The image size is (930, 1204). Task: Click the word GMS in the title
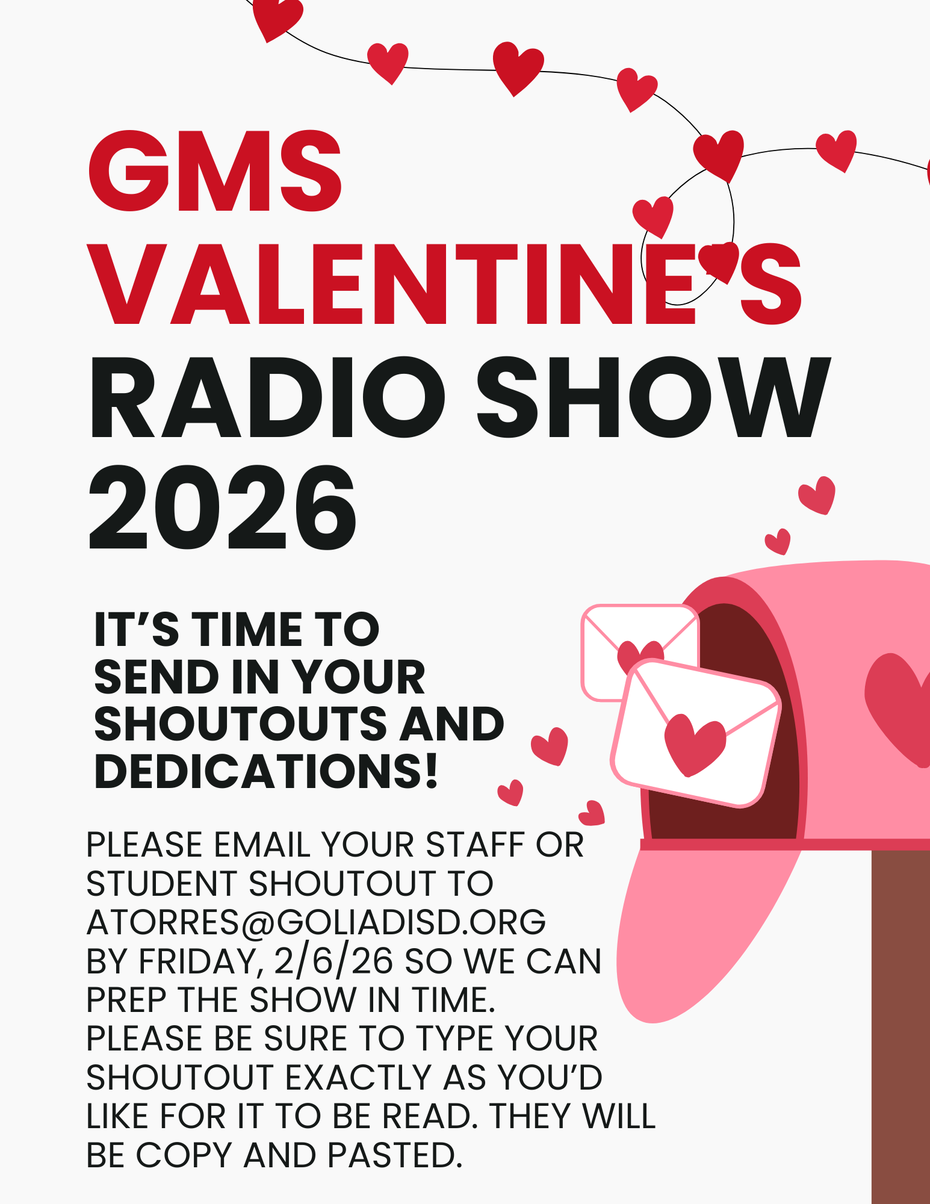[x=215, y=171]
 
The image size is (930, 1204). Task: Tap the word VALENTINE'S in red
[x=445, y=284]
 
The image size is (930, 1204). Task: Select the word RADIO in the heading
[x=267, y=398]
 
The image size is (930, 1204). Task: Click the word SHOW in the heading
[x=654, y=398]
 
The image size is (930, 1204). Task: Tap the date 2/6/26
[x=333, y=961]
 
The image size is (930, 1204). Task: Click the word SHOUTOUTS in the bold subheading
[x=240, y=724]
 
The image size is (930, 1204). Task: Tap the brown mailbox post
[x=901, y=1027]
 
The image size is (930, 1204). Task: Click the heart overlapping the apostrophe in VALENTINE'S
[x=719, y=260]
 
